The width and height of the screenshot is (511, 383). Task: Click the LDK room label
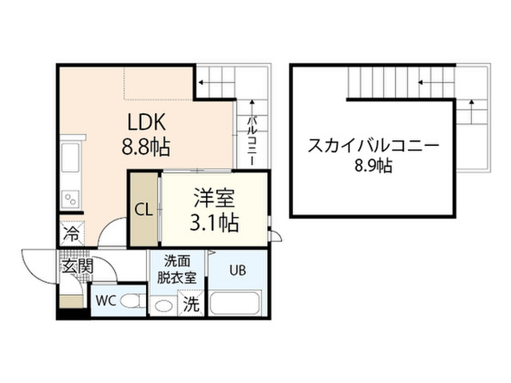(x=146, y=122)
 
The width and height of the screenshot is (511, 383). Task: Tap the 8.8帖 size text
(x=146, y=147)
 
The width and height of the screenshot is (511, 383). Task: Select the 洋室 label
(x=214, y=198)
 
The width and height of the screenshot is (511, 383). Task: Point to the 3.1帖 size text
(x=214, y=223)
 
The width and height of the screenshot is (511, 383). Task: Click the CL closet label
(x=144, y=211)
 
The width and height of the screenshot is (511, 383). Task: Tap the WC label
(x=106, y=301)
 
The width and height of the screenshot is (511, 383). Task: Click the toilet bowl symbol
(x=133, y=301)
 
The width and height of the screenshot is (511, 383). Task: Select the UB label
(x=238, y=270)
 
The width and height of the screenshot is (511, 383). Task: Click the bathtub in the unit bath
(x=235, y=303)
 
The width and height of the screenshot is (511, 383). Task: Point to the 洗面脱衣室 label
(x=177, y=270)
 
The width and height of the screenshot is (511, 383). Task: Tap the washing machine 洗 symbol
(x=191, y=304)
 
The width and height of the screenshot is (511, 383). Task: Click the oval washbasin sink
(x=163, y=306)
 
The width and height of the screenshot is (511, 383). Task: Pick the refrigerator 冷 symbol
(x=72, y=233)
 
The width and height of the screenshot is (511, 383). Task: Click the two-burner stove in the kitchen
(x=70, y=199)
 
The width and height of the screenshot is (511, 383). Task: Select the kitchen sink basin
(x=70, y=156)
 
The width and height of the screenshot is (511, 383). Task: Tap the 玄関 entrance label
(x=77, y=267)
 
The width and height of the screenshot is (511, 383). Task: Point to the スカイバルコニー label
(x=374, y=146)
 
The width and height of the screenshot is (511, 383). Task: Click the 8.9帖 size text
(x=374, y=166)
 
